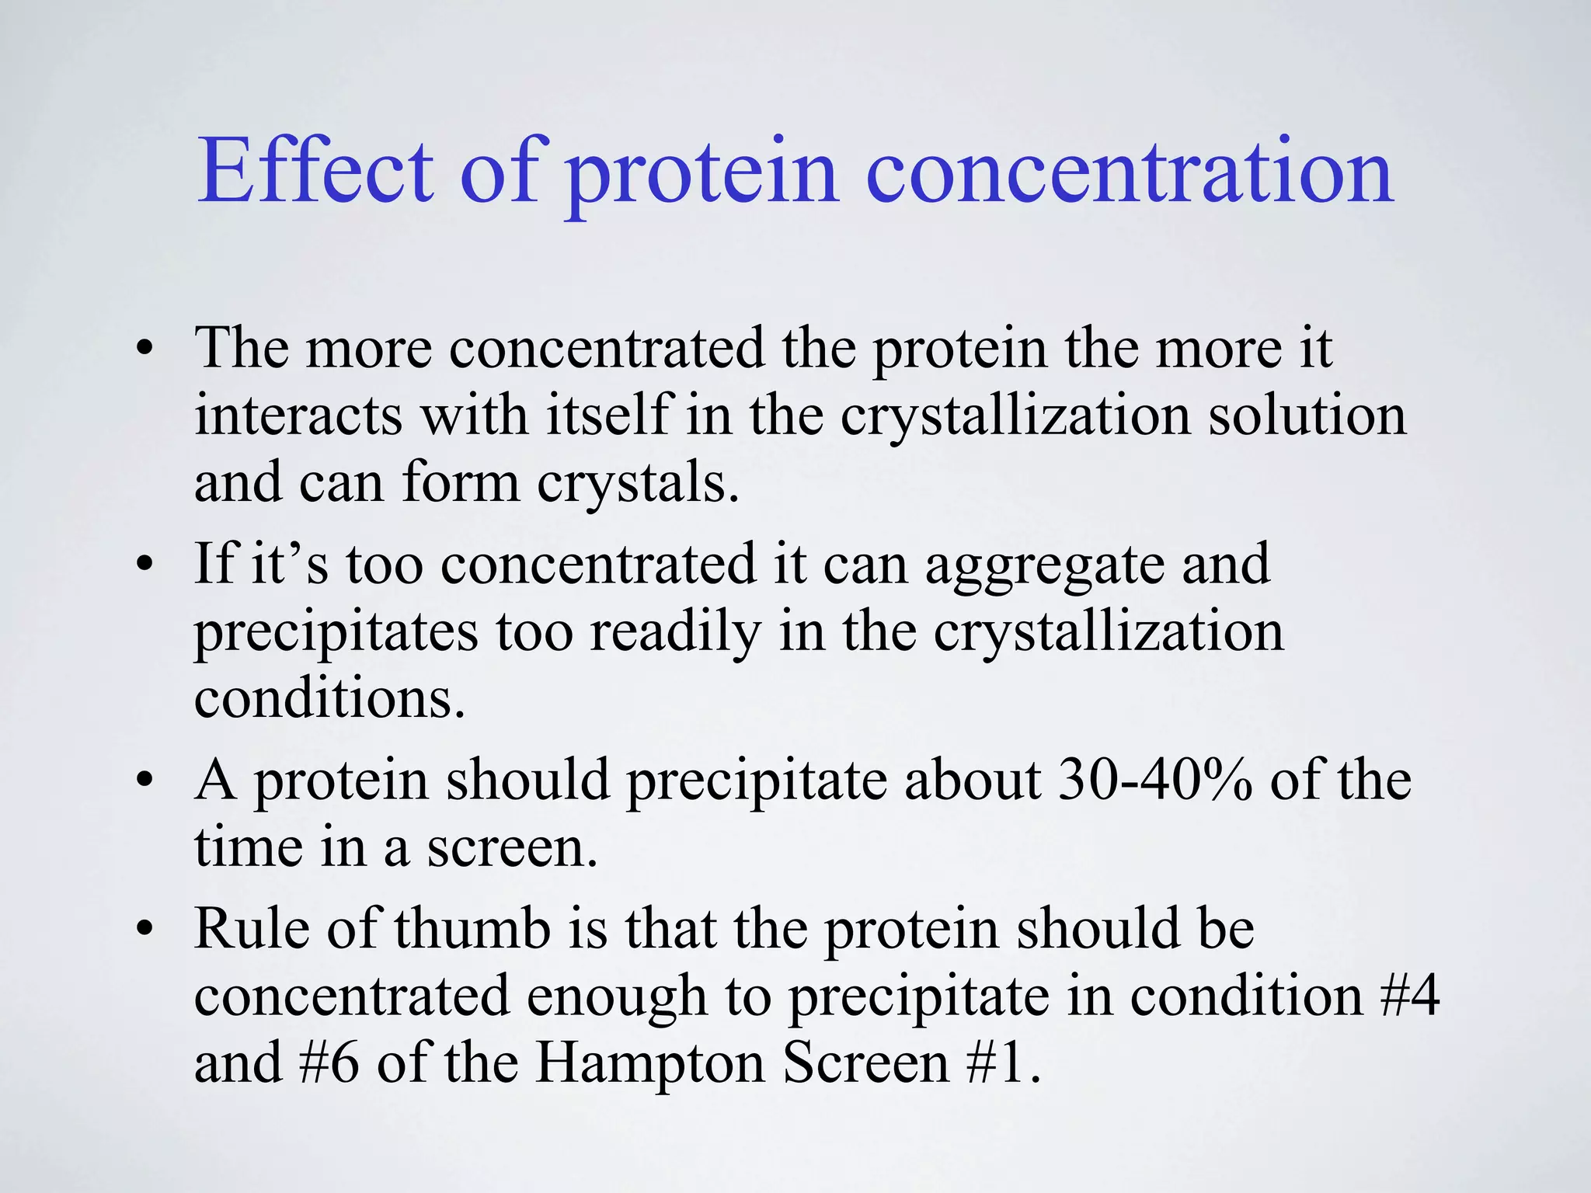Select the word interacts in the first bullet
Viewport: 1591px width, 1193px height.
pos(298,416)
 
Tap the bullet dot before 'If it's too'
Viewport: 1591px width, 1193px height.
pos(143,565)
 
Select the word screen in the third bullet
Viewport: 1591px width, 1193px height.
pos(512,848)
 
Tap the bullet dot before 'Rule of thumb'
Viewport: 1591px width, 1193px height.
pos(143,929)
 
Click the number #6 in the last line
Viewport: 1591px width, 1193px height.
pos(329,1063)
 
